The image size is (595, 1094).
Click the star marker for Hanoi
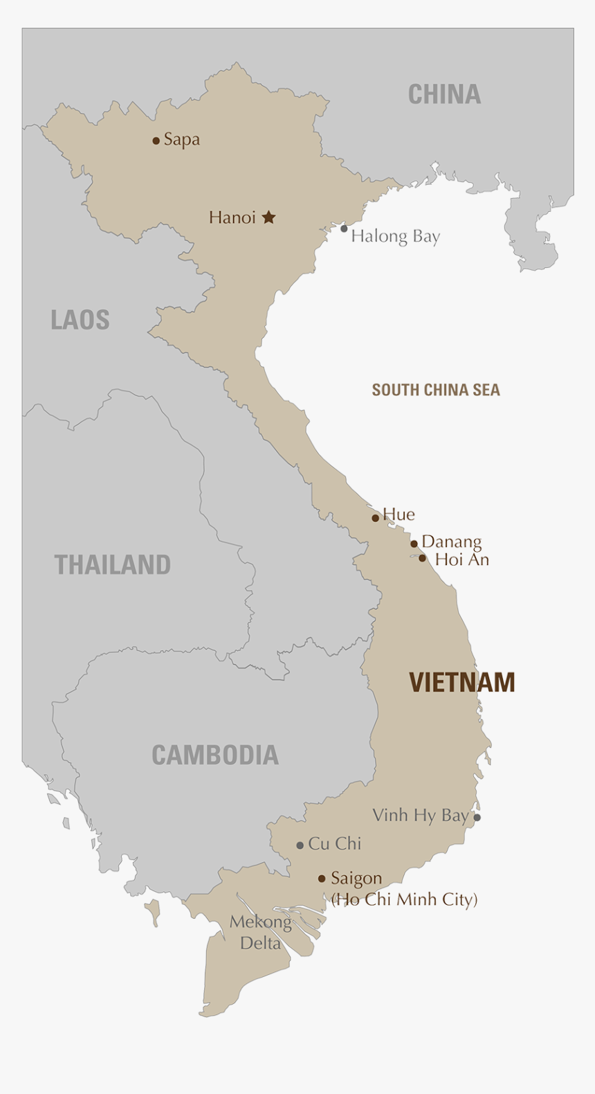coord(269,217)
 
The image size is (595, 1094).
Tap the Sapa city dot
coord(156,141)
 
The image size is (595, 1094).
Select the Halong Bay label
coord(395,237)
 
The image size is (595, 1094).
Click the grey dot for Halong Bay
coord(344,228)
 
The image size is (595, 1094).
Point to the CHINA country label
coord(444,94)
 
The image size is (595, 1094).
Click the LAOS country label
coord(80,320)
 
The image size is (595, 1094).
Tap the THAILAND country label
coord(113,565)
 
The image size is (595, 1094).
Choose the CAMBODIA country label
coord(215,755)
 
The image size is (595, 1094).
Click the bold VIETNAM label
coord(462,683)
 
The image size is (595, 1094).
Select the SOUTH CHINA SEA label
coord(436,390)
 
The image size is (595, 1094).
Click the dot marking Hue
coord(376,518)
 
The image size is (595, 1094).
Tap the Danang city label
coord(451,541)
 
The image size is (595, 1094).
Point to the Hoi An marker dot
coord(423,558)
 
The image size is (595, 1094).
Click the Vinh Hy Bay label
coord(421,816)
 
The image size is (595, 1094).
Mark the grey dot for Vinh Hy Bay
coord(477,818)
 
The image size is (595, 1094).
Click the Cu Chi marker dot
coord(300,845)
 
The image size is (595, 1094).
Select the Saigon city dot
coord(322,879)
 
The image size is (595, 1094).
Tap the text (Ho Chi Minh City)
coord(404,899)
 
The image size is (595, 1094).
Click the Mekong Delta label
coord(261,932)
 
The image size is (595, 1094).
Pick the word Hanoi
coord(232,217)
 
